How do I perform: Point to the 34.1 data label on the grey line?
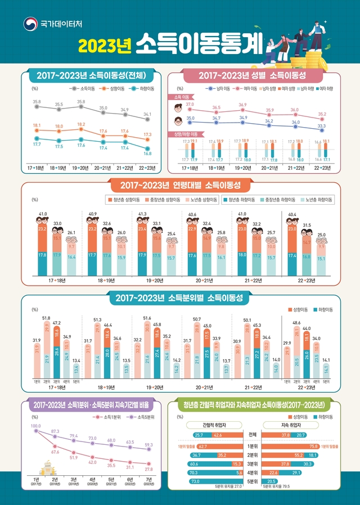pos(147,114)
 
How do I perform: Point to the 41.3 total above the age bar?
pos(142,214)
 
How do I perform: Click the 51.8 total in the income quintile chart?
pos(46,318)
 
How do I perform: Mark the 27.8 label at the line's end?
pos(148,469)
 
